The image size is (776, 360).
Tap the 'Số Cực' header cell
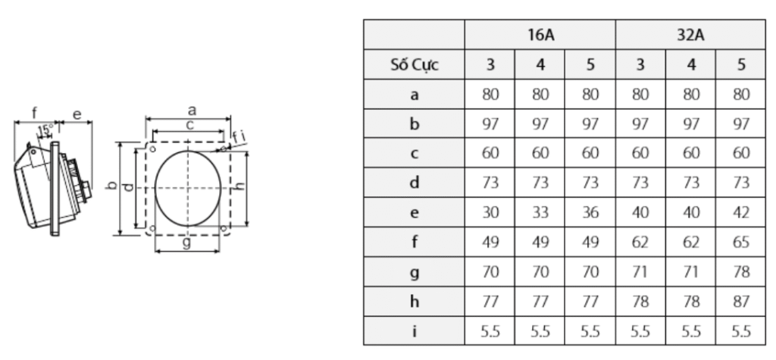[x=414, y=65]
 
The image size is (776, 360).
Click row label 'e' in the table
[x=414, y=213]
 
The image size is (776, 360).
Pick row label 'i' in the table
[x=414, y=331]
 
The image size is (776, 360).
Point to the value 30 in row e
[x=490, y=213]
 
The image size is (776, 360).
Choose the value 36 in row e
[x=590, y=213]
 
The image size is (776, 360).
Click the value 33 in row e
[x=540, y=213]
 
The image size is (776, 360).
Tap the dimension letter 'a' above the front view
[x=192, y=111]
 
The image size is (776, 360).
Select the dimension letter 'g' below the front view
[x=186, y=244]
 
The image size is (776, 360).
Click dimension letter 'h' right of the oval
[x=240, y=186]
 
